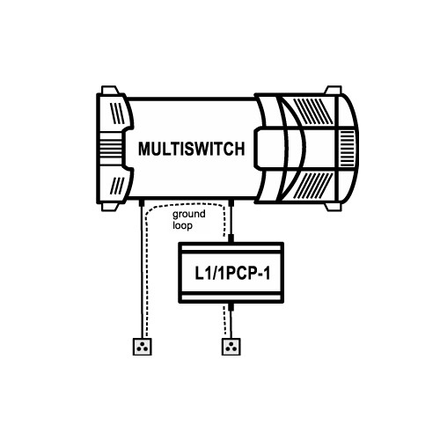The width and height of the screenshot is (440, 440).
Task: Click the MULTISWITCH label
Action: click(x=191, y=149)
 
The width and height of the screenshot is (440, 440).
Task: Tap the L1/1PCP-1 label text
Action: click(x=232, y=274)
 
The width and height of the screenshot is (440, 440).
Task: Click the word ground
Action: click(x=189, y=215)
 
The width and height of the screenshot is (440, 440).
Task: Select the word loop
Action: click(x=182, y=225)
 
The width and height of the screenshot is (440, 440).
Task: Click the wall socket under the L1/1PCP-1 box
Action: click(x=231, y=347)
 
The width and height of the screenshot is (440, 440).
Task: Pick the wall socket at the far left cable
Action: click(x=143, y=347)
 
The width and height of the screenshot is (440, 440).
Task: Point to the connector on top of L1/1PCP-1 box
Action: click(x=231, y=238)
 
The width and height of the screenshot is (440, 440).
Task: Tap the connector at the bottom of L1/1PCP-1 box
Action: click(x=231, y=307)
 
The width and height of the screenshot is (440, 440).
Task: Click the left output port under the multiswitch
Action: click(x=141, y=202)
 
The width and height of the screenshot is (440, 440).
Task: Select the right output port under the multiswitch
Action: click(x=231, y=202)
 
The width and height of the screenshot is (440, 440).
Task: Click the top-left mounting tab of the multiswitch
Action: click(x=110, y=90)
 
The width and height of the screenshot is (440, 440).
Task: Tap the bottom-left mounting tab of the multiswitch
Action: click(x=110, y=207)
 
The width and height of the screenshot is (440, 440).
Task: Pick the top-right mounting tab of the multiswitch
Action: click(x=334, y=90)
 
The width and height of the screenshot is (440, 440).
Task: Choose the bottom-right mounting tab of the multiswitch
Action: click(x=334, y=207)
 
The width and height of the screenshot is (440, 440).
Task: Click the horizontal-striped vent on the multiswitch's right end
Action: click(x=347, y=148)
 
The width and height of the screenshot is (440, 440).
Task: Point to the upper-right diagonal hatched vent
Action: click(x=313, y=111)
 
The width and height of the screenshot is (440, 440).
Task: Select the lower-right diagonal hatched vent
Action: click(x=313, y=186)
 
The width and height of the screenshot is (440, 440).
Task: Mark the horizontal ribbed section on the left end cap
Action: click(x=111, y=148)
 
